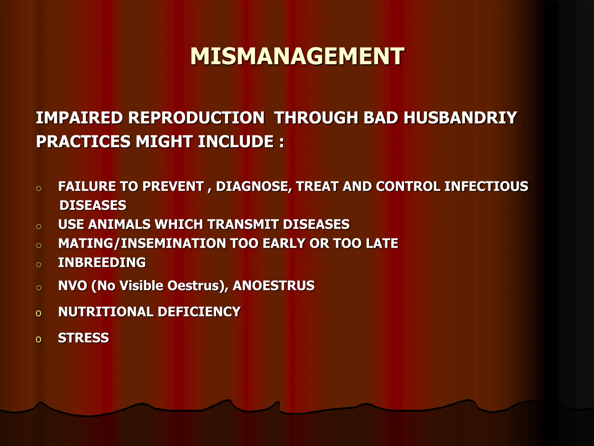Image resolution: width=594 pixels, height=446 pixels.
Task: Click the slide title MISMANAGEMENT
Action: click(297, 56)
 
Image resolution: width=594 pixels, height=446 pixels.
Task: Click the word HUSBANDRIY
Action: click(460, 118)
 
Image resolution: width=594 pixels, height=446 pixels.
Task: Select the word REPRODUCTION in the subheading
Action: click(196, 118)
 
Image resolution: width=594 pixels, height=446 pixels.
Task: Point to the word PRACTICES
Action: click(83, 142)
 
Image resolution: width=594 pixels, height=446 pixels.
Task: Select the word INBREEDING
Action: click(102, 262)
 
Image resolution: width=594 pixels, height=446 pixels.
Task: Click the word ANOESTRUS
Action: click(274, 286)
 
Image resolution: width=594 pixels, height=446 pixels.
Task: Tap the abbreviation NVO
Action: click(73, 286)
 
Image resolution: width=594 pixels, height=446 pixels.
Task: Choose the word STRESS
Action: click(84, 338)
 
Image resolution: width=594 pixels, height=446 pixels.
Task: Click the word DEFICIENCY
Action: click(199, 312)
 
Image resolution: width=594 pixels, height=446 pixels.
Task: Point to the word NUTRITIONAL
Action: click(106, 312)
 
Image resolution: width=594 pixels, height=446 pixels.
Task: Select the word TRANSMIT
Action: click(242, 224)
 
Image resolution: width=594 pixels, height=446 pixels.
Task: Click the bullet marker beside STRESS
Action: click(39, 339)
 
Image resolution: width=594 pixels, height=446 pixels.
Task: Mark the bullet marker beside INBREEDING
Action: click(39, 265)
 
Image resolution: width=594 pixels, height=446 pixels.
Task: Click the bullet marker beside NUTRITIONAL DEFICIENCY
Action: click(39, 313)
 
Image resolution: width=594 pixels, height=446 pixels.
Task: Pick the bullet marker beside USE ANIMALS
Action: click(39, 226)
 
